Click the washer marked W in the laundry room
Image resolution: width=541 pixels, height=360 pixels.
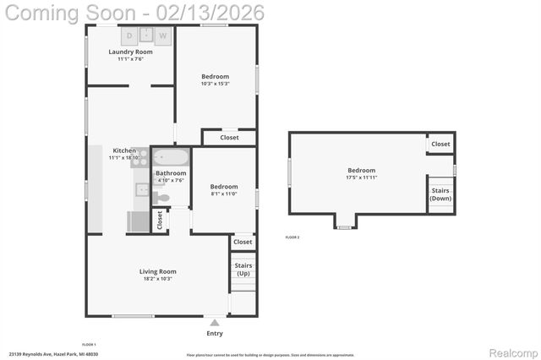162,35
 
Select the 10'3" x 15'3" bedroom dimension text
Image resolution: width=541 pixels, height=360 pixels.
215,84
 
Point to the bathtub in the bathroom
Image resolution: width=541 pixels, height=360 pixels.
172,158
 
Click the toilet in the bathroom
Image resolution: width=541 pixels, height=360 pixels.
161,198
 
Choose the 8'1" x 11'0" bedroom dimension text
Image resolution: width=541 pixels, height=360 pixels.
223,194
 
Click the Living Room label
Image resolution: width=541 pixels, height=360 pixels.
158,271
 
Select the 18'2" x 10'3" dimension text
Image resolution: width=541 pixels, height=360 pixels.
158,279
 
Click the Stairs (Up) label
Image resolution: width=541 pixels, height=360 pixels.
243,270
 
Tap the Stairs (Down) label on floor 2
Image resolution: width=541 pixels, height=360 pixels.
440,194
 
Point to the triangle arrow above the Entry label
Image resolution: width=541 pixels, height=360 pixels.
215,323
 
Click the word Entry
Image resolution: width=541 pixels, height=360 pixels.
215,333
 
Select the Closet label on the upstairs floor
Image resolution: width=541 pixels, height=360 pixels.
440,145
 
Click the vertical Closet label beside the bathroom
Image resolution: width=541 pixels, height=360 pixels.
160,221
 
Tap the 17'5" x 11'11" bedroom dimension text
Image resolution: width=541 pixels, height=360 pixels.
361,177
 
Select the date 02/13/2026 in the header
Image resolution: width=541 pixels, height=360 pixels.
216,12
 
